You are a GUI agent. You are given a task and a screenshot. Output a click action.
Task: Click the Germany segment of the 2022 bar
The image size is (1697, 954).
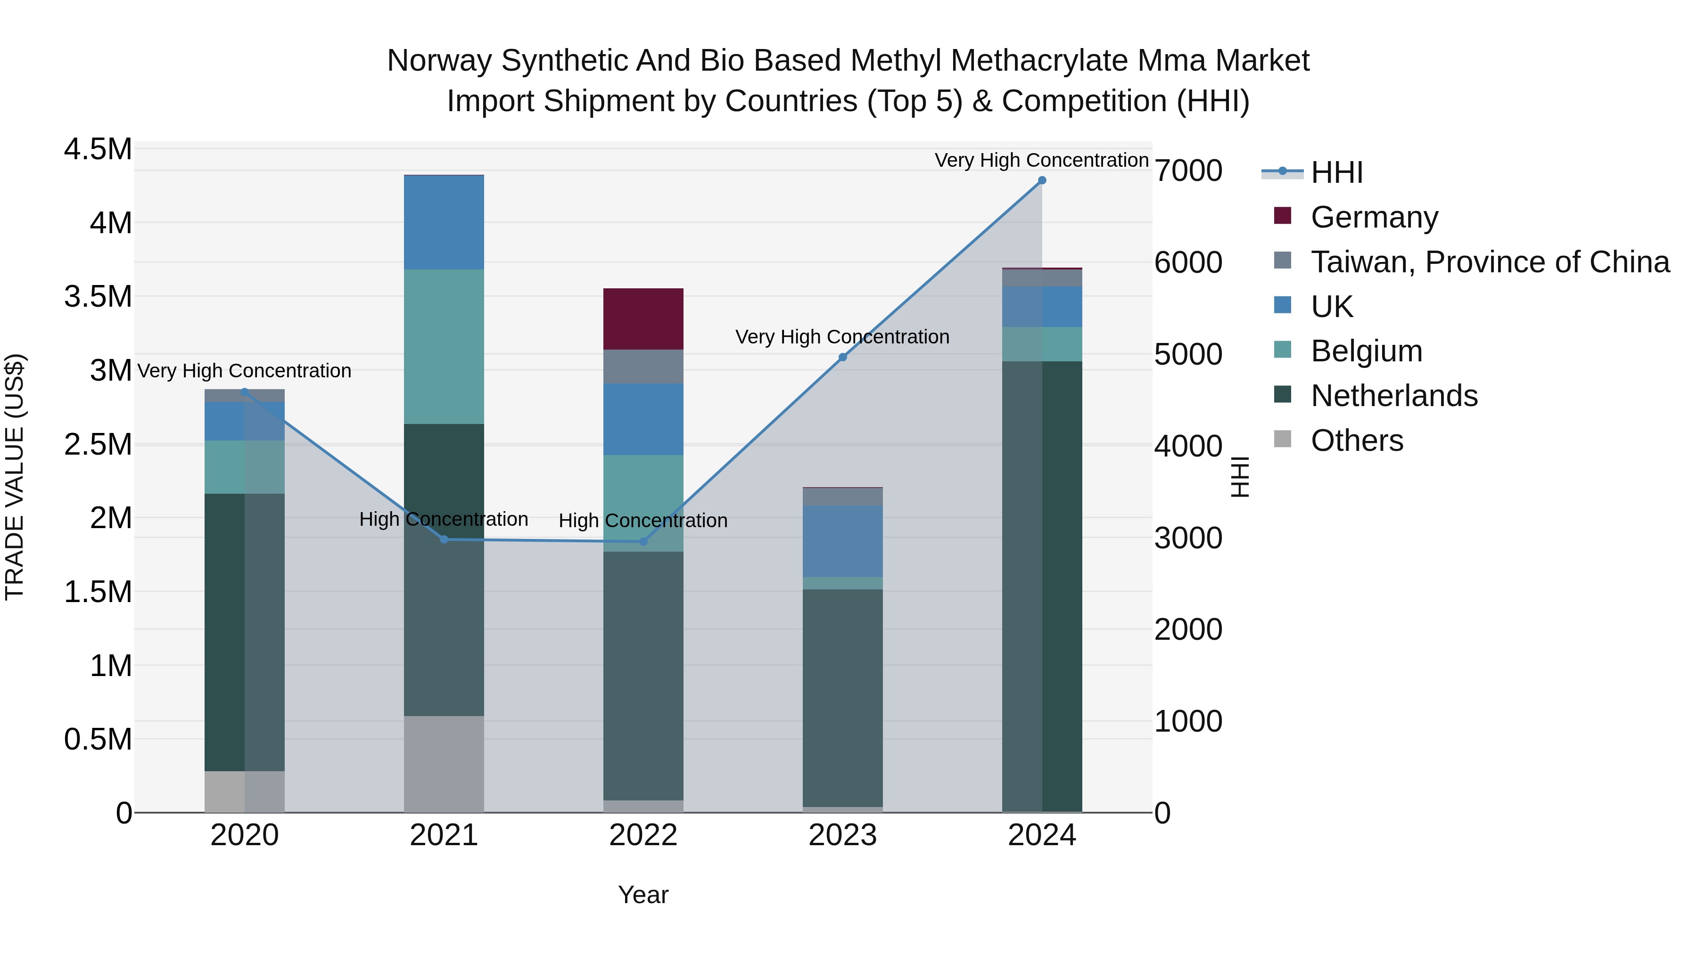tap(643, 318)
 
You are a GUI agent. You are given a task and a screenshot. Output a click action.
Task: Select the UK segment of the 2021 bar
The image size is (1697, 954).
tap(444, 222)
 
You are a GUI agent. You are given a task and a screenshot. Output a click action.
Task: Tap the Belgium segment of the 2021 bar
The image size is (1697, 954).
tap(444, 346)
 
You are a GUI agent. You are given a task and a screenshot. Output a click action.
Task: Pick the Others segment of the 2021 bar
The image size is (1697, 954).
tap(444, 764)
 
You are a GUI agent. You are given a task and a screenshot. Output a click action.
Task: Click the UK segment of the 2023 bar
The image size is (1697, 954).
tap(842, 541)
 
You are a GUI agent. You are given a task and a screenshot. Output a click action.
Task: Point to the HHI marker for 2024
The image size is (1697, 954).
tap(1041, 180)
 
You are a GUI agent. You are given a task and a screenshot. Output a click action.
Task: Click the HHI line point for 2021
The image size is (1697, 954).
tap(444, 539)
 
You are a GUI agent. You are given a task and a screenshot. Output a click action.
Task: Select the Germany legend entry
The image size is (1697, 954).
tap(1374, 217)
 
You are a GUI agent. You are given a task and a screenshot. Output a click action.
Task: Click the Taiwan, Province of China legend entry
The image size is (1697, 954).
tap(1489, 262)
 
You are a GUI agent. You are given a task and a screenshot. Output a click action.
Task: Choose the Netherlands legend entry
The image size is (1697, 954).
tap(1393, 396)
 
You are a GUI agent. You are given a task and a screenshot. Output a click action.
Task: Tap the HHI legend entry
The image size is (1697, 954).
tap(1336, 172)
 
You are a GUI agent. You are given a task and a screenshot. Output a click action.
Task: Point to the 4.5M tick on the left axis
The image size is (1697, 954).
tap(98, 149)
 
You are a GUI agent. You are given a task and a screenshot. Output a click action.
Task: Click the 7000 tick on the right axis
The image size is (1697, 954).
tap(1188, 171)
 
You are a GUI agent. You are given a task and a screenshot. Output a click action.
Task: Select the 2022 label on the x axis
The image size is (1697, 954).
tap(643, 835)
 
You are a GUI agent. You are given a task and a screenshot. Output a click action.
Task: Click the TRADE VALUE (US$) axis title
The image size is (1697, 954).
tap(15, 477)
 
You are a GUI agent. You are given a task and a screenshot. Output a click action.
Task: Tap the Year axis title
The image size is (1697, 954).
tap(643, 895)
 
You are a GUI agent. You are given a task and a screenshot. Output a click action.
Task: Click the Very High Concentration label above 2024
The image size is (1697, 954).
tap(1041, 160)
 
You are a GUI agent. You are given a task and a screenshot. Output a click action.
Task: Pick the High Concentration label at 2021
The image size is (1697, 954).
tap(444, 520)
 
